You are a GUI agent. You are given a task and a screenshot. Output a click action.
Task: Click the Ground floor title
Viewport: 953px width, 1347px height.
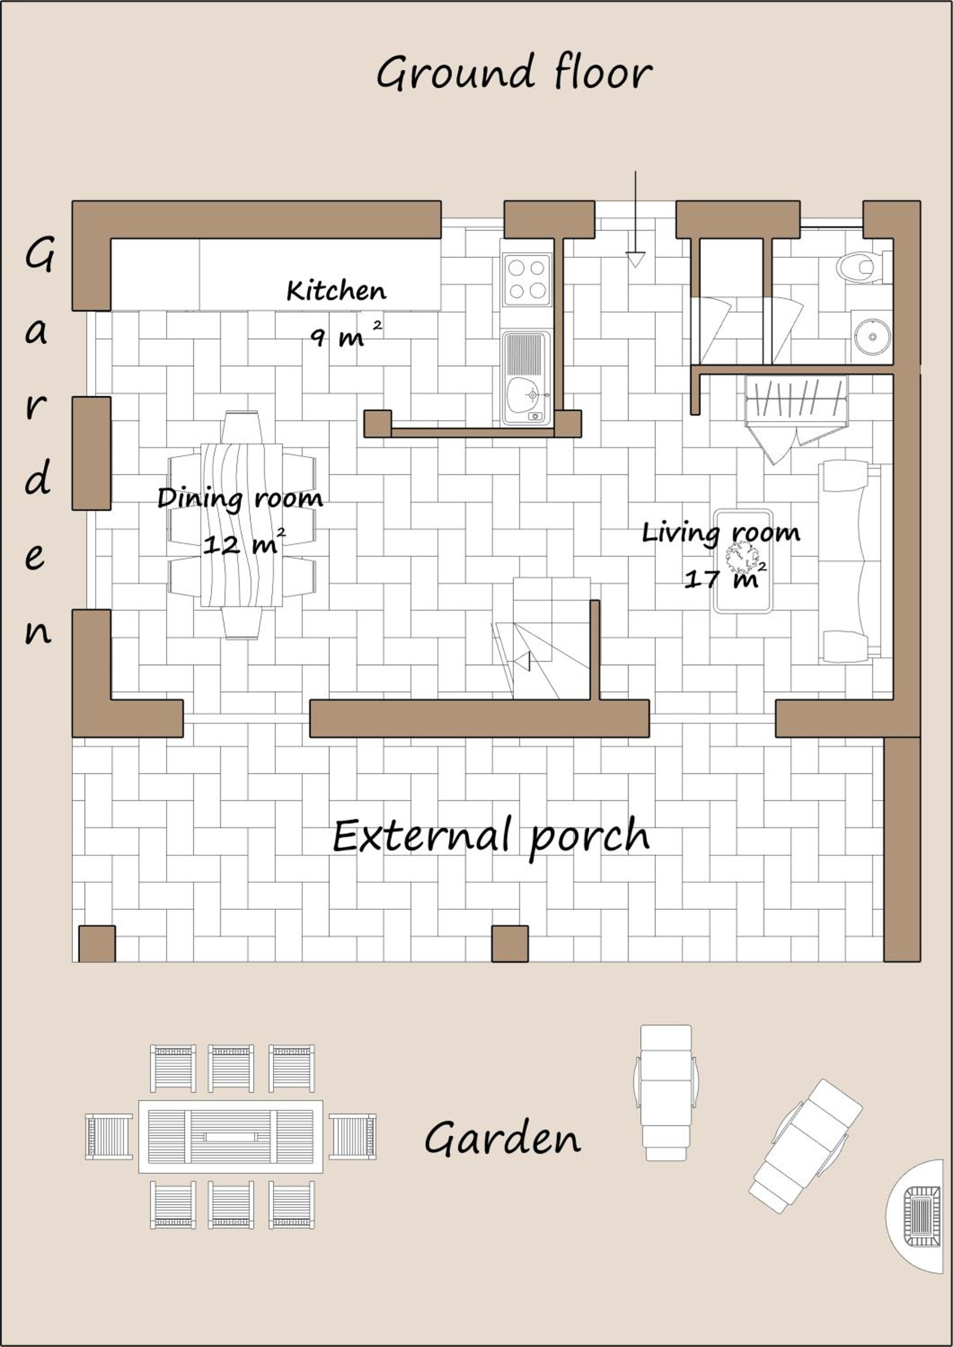tap(514, 73)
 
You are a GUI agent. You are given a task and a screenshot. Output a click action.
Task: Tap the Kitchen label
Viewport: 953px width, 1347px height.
tap(336, 291)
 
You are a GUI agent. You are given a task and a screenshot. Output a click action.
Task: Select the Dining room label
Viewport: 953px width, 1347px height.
tap(240, 499)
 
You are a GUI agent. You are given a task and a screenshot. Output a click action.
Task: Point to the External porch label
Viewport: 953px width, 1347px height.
tap(491, 836)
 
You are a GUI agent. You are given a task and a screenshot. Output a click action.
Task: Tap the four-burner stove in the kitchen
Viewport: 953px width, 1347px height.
tap(526, 279)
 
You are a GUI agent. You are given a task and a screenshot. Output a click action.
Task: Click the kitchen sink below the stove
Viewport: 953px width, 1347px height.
tap(526, 379)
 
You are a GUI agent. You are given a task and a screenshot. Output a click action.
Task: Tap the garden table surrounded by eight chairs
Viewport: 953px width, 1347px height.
tap(231, 1137)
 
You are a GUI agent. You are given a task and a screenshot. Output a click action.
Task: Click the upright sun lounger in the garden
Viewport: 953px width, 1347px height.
tap(666, 1092)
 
